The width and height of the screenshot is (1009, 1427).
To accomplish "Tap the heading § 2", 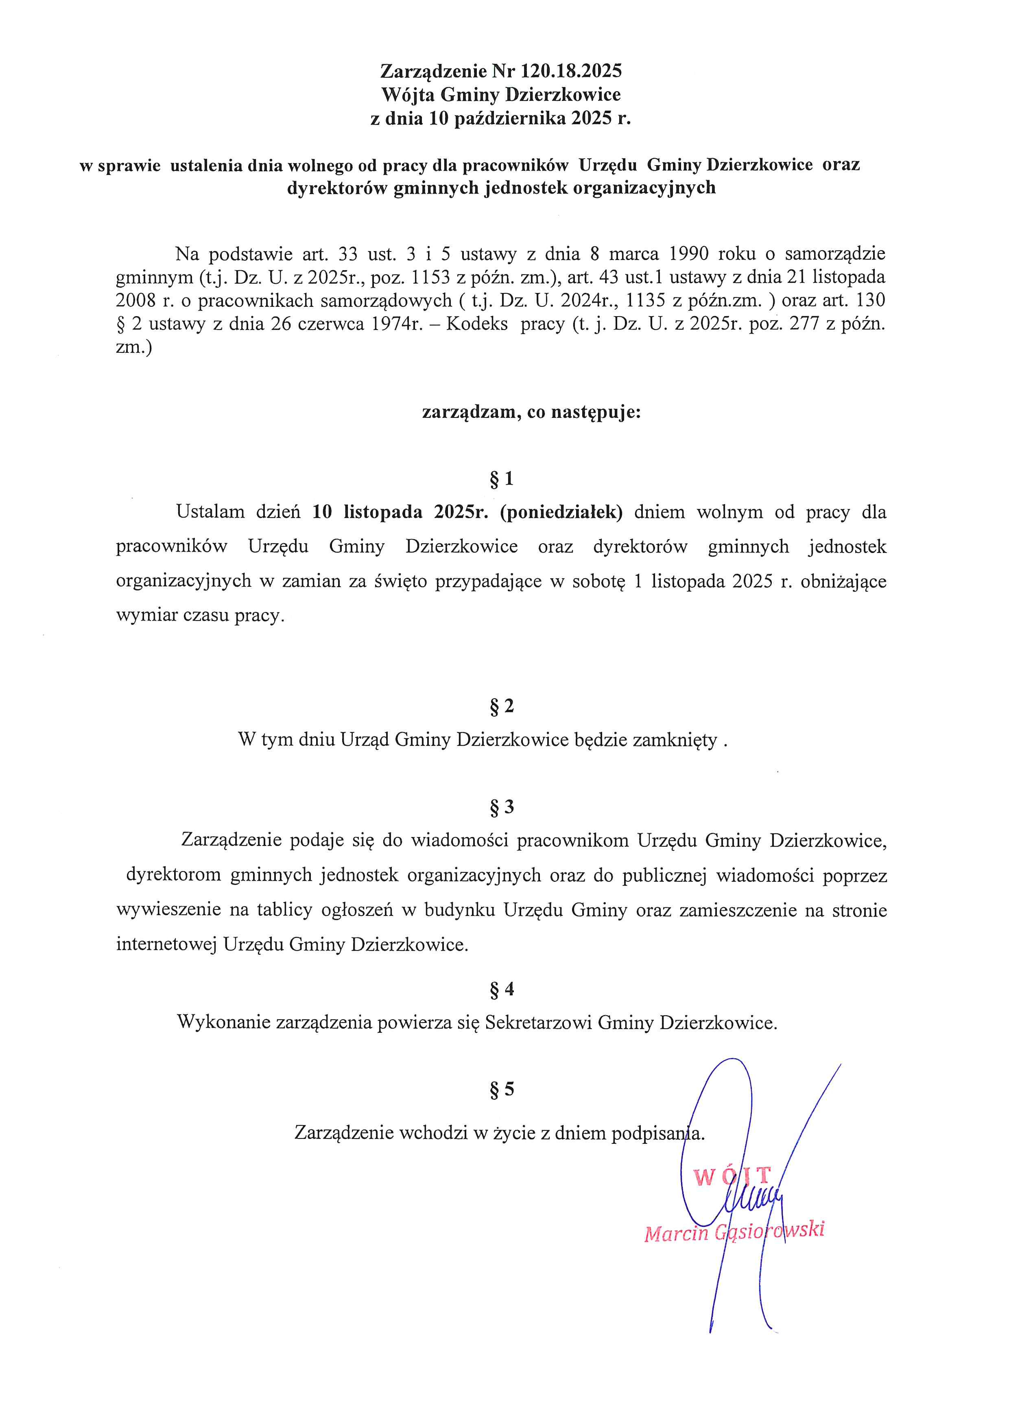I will click(x=502, y=706).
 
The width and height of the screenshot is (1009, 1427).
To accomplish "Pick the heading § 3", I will click(x=502, y=807).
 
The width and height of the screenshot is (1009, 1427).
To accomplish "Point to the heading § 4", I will click(x=502, y=989).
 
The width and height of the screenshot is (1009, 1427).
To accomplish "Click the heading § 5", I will click(x=502, y=1089).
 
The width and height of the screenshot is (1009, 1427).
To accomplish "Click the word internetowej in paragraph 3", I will click(x=166, y=945).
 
